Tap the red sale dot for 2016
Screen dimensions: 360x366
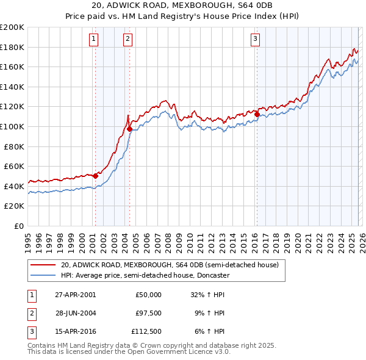[x=257, y=114]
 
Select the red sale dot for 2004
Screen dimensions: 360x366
[x=130, y=129]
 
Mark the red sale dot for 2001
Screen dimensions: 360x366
[x=96, y=176]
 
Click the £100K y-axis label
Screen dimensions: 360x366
[x=12, y=126]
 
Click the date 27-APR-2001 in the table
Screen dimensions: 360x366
[x=75, y=295]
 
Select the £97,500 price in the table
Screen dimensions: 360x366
[x=149, y=312]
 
